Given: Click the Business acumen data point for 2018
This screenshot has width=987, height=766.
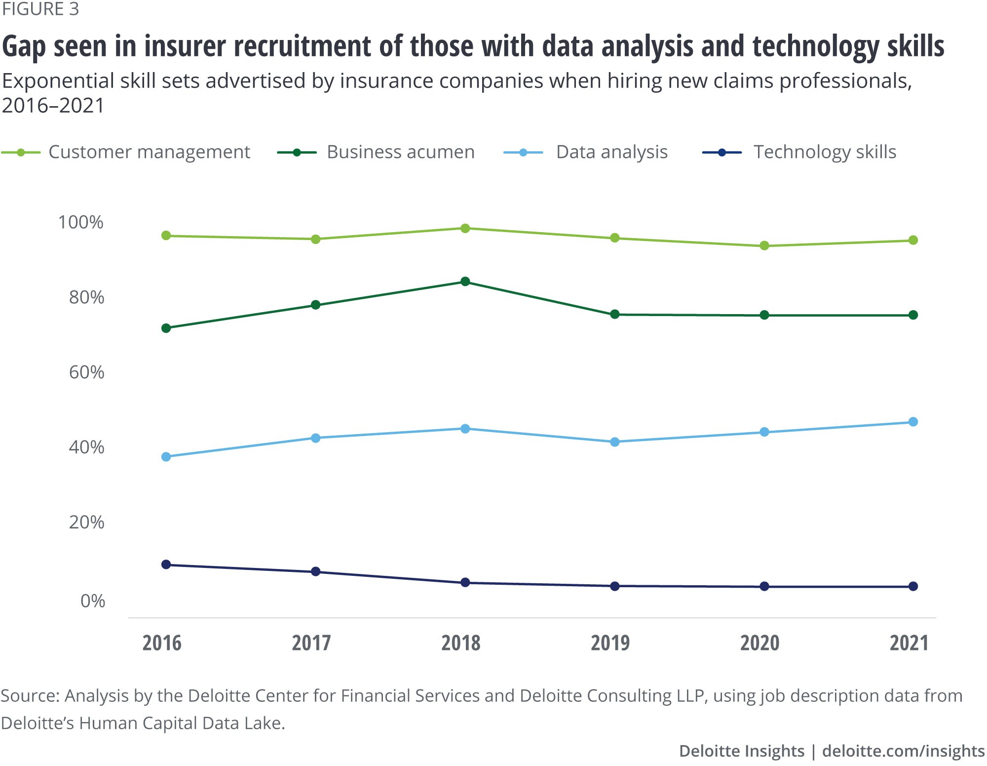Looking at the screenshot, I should click(x=465, y=282).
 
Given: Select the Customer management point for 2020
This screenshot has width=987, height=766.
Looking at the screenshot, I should click(x=764, y=245).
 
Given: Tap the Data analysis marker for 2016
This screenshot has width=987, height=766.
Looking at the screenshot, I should click(x=166, y=457).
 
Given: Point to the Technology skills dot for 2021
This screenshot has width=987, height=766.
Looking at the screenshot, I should click(x=913, y=586).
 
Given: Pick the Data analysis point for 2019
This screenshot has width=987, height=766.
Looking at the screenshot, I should click(x=615, y=442).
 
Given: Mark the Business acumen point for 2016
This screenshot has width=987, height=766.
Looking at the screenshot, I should click(x=166, y=328).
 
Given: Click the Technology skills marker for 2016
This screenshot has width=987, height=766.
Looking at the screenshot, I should click(x=166, y=564).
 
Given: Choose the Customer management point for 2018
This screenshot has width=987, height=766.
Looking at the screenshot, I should click(x=465, y=228).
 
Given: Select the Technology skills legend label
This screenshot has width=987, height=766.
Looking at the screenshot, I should click(x=825, y=152).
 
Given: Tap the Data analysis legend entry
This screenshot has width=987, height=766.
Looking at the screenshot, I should click(x=611, y=152).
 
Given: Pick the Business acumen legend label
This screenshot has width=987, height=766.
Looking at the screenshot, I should click(x=400, y=152).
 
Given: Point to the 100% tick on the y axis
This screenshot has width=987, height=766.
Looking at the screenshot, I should click(x=81, y=222).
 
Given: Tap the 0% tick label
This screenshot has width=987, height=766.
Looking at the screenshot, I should click(x=93, y=601).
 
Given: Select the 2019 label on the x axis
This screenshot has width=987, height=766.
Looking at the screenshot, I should click(x=610, y=643).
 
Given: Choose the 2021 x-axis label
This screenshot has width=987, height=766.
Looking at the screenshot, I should click(x=909, y=643).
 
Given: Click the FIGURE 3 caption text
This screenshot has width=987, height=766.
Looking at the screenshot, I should click(x=40, y=9).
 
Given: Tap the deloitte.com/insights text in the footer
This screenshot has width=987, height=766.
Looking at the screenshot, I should click(x=904, y=751).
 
